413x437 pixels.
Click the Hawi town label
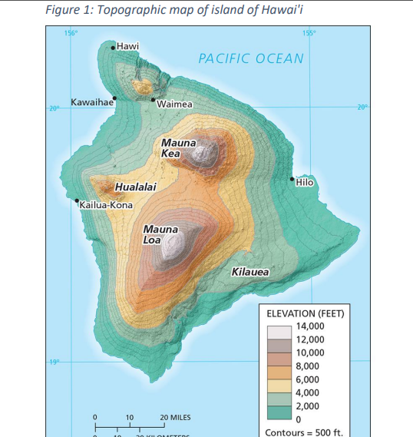(x=128, y=47)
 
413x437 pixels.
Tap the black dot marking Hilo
(x=292, y=180)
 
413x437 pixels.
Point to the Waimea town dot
(x=153, y=99)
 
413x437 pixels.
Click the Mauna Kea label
(x=178, y=148)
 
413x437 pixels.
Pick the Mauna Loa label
(x=160, y=235)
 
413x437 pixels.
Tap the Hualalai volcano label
(x=135, y=187)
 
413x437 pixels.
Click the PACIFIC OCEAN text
(x=251, y=58)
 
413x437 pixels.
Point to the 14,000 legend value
(x=309, y=326)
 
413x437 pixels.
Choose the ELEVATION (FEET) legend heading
(x=305, y=313)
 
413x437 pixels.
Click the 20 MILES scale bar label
(x=175, y=418)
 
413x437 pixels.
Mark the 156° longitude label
(x=71, y=33)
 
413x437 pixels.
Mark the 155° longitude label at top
(x=309, y=33)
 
